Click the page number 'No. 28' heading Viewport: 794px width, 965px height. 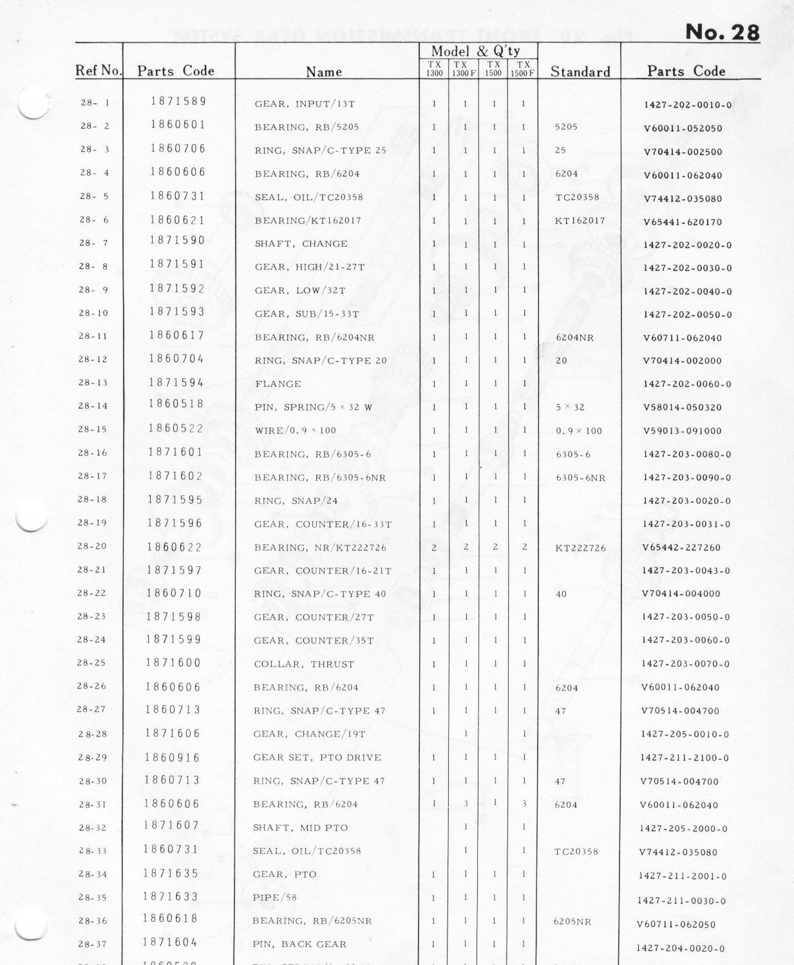click(x=722, y=32)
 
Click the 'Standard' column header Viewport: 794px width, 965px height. click(x=580, y=71)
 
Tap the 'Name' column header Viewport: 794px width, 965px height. click(x=323, y=71)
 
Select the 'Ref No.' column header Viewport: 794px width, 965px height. click(x=98, y=71)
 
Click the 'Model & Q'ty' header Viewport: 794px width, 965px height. click(x=475, y=51)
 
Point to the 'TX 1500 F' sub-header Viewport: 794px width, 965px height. click(x=523, y=69)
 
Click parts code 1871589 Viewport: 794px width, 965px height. click(x=178, y=101)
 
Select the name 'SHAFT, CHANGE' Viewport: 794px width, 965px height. click(x=301, y=244)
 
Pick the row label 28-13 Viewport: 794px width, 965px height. click(x=93, y=383)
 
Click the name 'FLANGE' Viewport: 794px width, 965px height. click(x=278, y=384)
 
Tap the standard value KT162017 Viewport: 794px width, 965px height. click(x=580, y=221)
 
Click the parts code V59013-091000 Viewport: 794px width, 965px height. click(x=682, y=431)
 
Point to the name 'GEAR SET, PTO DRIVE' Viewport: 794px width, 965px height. click(x=317, y=757)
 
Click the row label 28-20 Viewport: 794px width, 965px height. click(x=92, y=546)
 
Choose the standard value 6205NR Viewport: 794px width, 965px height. click(x=572, y=921)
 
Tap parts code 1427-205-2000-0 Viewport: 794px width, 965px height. click(x=683, y=829)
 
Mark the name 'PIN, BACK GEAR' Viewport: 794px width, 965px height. click(x=299, y=944)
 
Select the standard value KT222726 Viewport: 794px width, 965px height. click(x=580, y=548)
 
